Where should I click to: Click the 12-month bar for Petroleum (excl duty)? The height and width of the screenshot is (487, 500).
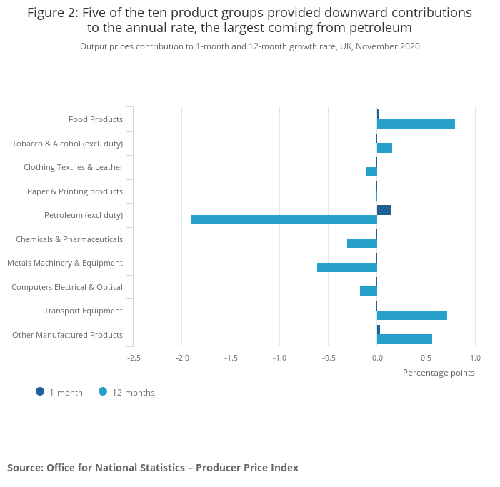tap(284, 219)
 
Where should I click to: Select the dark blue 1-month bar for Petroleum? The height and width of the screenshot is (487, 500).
tap(384, 210)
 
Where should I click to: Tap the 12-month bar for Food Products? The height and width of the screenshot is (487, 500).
tap(416, 124)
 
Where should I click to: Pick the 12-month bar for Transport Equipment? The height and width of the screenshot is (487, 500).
tap(412, 315)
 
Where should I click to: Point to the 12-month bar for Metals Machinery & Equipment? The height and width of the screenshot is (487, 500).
tap(347, 267)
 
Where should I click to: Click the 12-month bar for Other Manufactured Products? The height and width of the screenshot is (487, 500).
tap(404, 339)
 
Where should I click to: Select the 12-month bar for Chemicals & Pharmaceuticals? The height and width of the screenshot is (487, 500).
tap(362, 243)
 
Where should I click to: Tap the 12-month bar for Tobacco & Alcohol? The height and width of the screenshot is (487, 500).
tap(384, 148)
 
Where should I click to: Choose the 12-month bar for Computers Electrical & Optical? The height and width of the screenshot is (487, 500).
tap(369, 291)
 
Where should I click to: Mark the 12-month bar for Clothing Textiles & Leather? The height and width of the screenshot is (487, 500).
tap(371, 171)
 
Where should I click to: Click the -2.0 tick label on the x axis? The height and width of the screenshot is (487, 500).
tap(181, 358)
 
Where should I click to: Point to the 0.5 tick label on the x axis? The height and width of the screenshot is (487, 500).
tap(426, 358)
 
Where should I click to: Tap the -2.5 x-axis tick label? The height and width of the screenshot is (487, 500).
tap(133, 358)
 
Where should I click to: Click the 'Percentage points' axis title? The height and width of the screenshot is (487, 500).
tap(439, 372)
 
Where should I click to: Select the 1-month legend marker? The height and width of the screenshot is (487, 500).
tap(40, 391)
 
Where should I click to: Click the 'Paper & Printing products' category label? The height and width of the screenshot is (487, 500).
tap(75, 191)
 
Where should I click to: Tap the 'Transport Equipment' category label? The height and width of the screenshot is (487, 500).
tap(84, 311)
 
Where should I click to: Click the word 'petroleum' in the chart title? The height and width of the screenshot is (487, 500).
tap(376, 29)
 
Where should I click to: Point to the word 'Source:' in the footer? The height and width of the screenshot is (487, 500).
tap(25, 468)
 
